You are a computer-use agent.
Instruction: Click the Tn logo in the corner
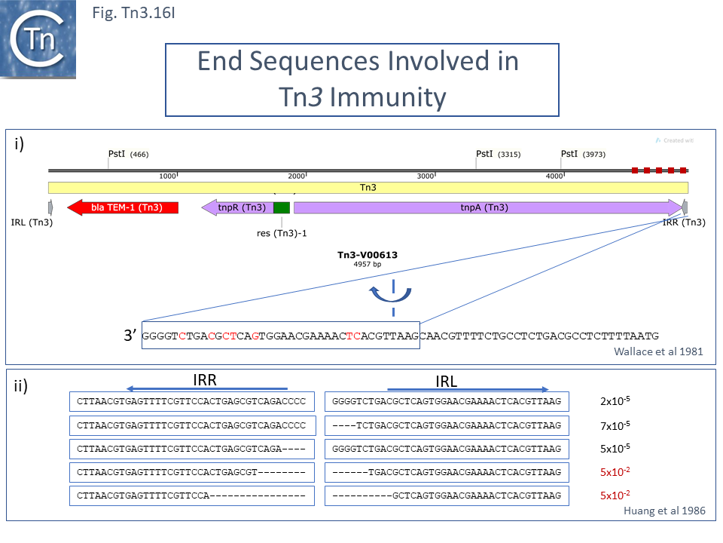(39, 39)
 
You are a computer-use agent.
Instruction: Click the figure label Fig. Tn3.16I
(133, 13)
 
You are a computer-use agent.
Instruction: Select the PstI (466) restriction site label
(128, 154)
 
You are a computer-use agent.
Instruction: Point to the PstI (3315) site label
(497, 154)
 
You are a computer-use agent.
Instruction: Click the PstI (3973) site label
(582, 154)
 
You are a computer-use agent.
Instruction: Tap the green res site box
(281, 207)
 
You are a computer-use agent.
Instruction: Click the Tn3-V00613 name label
(367, 255)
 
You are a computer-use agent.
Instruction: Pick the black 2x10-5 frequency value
(615, 401)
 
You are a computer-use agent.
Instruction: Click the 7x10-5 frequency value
(615, 425)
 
